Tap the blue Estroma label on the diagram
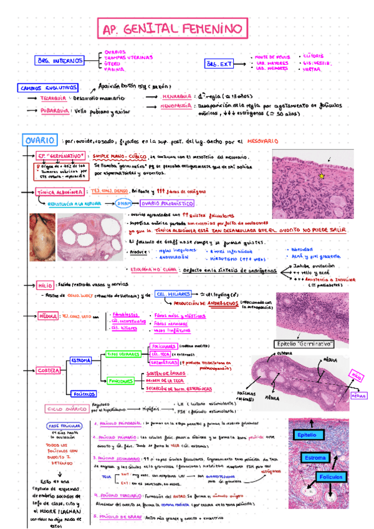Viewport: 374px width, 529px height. pos(315,459)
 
